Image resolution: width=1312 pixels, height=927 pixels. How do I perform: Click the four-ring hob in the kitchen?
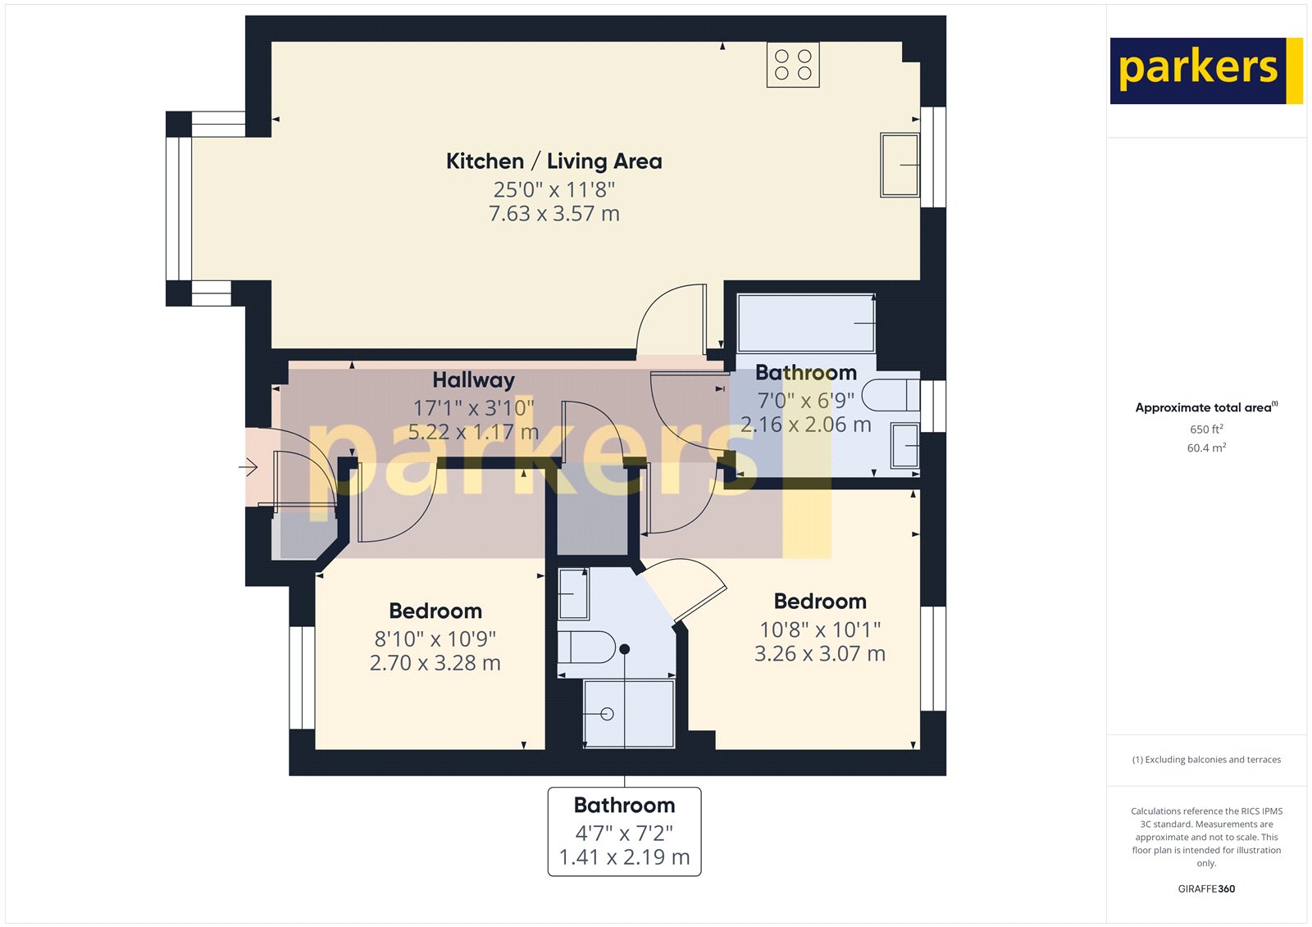(792, 65)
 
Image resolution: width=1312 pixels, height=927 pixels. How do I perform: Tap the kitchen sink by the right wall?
(900, 165)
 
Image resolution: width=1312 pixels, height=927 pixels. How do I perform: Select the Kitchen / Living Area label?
(554, 161)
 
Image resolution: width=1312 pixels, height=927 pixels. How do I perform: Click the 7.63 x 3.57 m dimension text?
(554, 214)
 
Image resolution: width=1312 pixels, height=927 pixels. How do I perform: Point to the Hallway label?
(473, 380)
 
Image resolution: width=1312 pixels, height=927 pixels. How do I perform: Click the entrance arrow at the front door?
(248, 467)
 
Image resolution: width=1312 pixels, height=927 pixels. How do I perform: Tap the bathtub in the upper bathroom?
(807, 323)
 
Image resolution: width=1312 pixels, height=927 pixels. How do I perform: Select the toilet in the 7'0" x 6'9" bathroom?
(891, 395)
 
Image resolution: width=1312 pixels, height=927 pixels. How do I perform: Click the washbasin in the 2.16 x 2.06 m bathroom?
(905, 446)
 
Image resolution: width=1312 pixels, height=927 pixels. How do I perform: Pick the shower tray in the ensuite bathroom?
(629, 714)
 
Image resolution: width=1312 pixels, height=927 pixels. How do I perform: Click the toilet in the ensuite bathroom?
(586, 647)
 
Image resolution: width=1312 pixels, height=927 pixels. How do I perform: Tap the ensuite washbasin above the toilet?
(573, 593)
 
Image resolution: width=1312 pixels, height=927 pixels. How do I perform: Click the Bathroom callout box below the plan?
(624, 832)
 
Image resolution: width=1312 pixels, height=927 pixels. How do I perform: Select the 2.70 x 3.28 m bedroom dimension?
(435, 663)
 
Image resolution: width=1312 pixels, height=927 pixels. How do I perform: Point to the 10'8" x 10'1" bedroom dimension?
(820, 629)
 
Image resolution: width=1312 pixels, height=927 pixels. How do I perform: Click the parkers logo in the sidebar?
(1206, 70)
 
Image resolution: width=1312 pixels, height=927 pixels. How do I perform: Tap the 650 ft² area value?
(1206, 429)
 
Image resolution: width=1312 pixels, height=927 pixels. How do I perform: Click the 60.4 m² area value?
(1206, 448)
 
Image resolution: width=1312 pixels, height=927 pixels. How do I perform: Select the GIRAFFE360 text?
(1206, 889)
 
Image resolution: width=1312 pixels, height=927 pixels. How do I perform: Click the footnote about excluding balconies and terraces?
(1206, 760)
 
